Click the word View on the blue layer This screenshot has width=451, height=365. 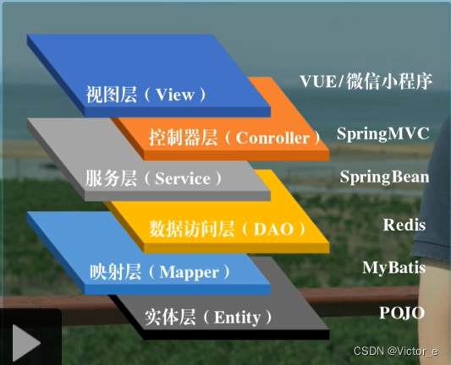tap(175, 94)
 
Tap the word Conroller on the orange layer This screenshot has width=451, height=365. tap(272, 138)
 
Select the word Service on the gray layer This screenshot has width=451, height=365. tap(183, 178)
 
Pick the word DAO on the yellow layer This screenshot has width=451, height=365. tap(273, 229)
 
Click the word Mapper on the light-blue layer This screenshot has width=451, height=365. tap(189, 273)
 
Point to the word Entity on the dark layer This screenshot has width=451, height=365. tap(237, 319)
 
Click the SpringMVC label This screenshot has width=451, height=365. tap(382, 133)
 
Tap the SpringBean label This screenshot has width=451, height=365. tap(384, 177)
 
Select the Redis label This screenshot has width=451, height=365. tap(404, 225)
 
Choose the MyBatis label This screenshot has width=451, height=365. tap(393, 268)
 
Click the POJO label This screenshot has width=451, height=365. tap(402, 313)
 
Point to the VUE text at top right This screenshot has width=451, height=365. tap(318, 81)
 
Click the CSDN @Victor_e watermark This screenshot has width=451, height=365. tap(396, 351)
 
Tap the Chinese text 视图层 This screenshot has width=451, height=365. tap(112, 94)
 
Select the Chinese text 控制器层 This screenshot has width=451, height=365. tap(184, 138)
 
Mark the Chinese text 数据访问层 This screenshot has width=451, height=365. tap(191, 229)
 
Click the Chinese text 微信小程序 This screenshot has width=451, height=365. tap(389, 81)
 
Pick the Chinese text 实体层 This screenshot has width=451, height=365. tap(170, 318)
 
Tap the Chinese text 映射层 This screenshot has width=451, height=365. tap(115, 272)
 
